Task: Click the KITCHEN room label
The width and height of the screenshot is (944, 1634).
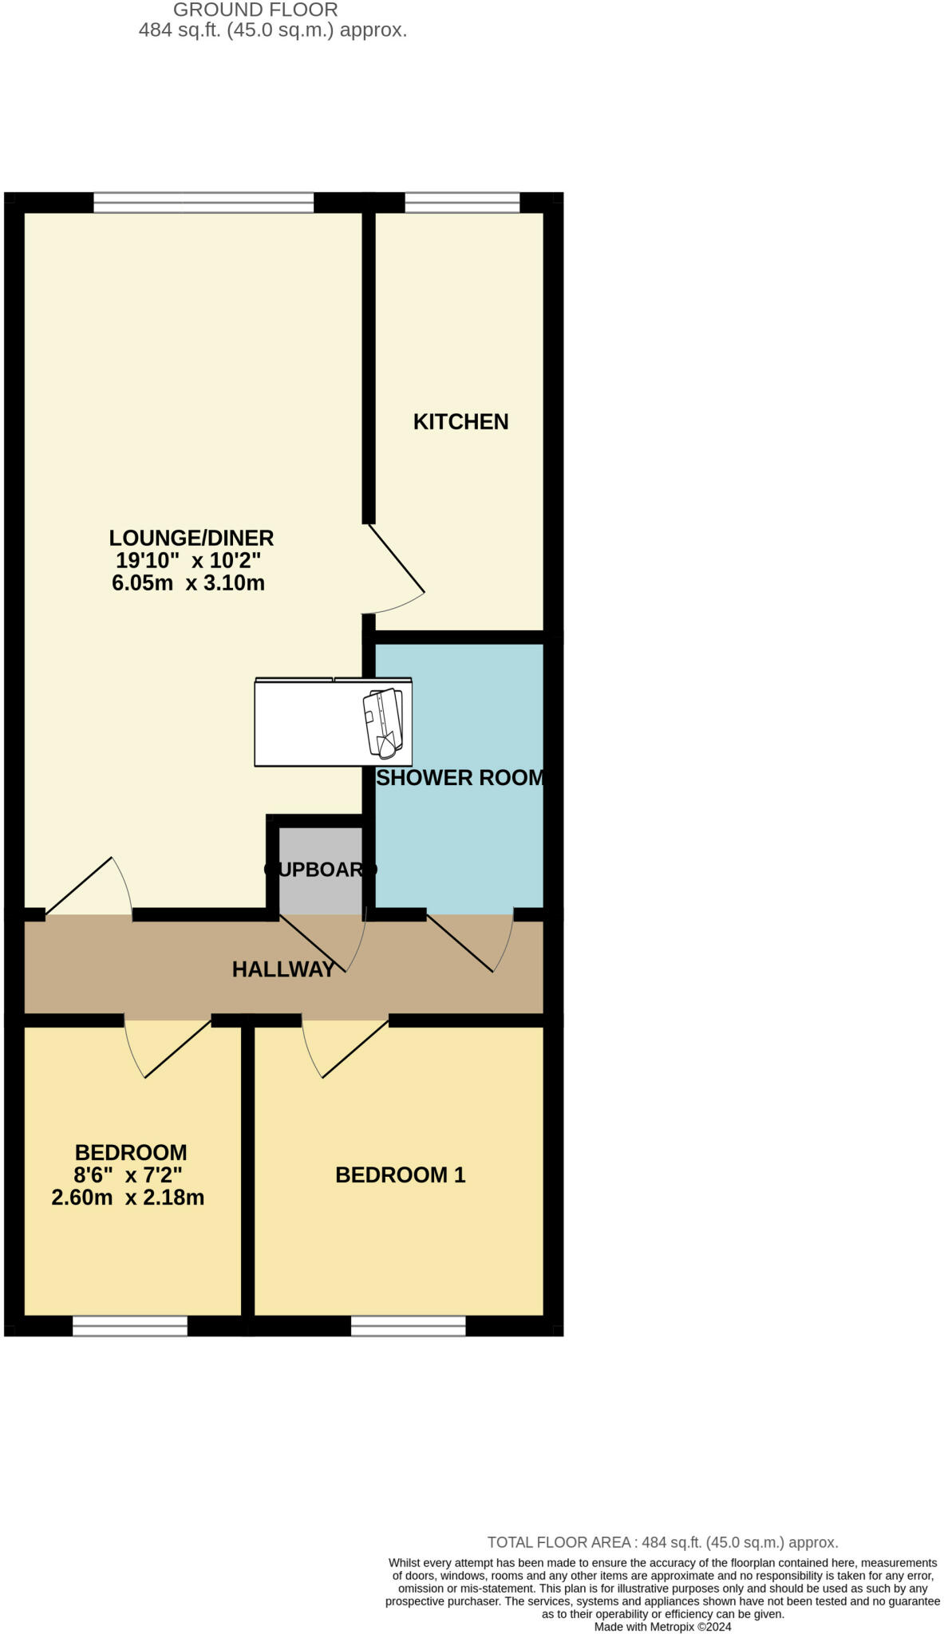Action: pyautogui.click(x=460, y=421)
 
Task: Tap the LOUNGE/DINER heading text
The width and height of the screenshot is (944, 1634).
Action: pyautogui.click(x=192, y=538)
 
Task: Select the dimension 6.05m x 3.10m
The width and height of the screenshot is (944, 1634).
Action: pyautogui.click(x=188, y=582)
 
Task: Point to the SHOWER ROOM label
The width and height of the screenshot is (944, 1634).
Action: pyautogui.click(x=460, y=778)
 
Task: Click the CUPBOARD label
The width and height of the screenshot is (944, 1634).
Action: pyautogui.click(x=320, y=870)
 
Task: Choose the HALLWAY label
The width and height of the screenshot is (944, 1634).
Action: pyautogui.click(x=283, y=969)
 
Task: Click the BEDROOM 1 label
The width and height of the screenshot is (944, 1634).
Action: pyautogui.click(x=400, y=1174)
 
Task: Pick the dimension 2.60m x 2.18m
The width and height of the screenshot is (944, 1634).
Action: pyautogui.click(x=128, y=1197)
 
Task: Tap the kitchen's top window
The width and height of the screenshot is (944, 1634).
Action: pyautogui.click(x=462, y=203)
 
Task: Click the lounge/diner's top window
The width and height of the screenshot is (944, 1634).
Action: pyautogui.click(x=203, y=203)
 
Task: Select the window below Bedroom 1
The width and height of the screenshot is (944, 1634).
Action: pyautogui.click(x=408, y=1326)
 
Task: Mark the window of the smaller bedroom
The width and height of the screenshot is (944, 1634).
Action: pyautogui.click(x=130, y=1326)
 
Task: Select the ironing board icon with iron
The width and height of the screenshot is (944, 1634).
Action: pyautogui.click(x=383, y=722)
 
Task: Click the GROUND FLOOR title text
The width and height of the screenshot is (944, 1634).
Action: pyautogui.click(x=255, y=10)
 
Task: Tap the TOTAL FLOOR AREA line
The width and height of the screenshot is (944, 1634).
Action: pyautogui.click(x=662, y=1542)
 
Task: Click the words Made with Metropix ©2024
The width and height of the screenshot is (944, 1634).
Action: pyautogui.click(x=662, y=1626)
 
